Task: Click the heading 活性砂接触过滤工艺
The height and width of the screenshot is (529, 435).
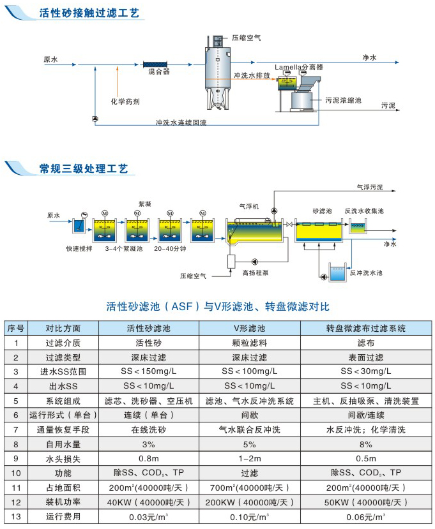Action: coord(89,13)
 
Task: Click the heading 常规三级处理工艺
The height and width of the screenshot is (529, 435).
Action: coord(83,169)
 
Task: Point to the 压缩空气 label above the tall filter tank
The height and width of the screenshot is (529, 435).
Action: coord(246,38)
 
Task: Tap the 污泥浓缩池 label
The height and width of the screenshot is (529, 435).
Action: coord(343,100)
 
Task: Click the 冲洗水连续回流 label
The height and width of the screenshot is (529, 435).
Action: coord(181,121)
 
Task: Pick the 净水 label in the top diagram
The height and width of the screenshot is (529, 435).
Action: coord(369,57)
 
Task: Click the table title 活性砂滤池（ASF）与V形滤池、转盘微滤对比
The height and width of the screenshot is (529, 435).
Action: coord(217,307)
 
